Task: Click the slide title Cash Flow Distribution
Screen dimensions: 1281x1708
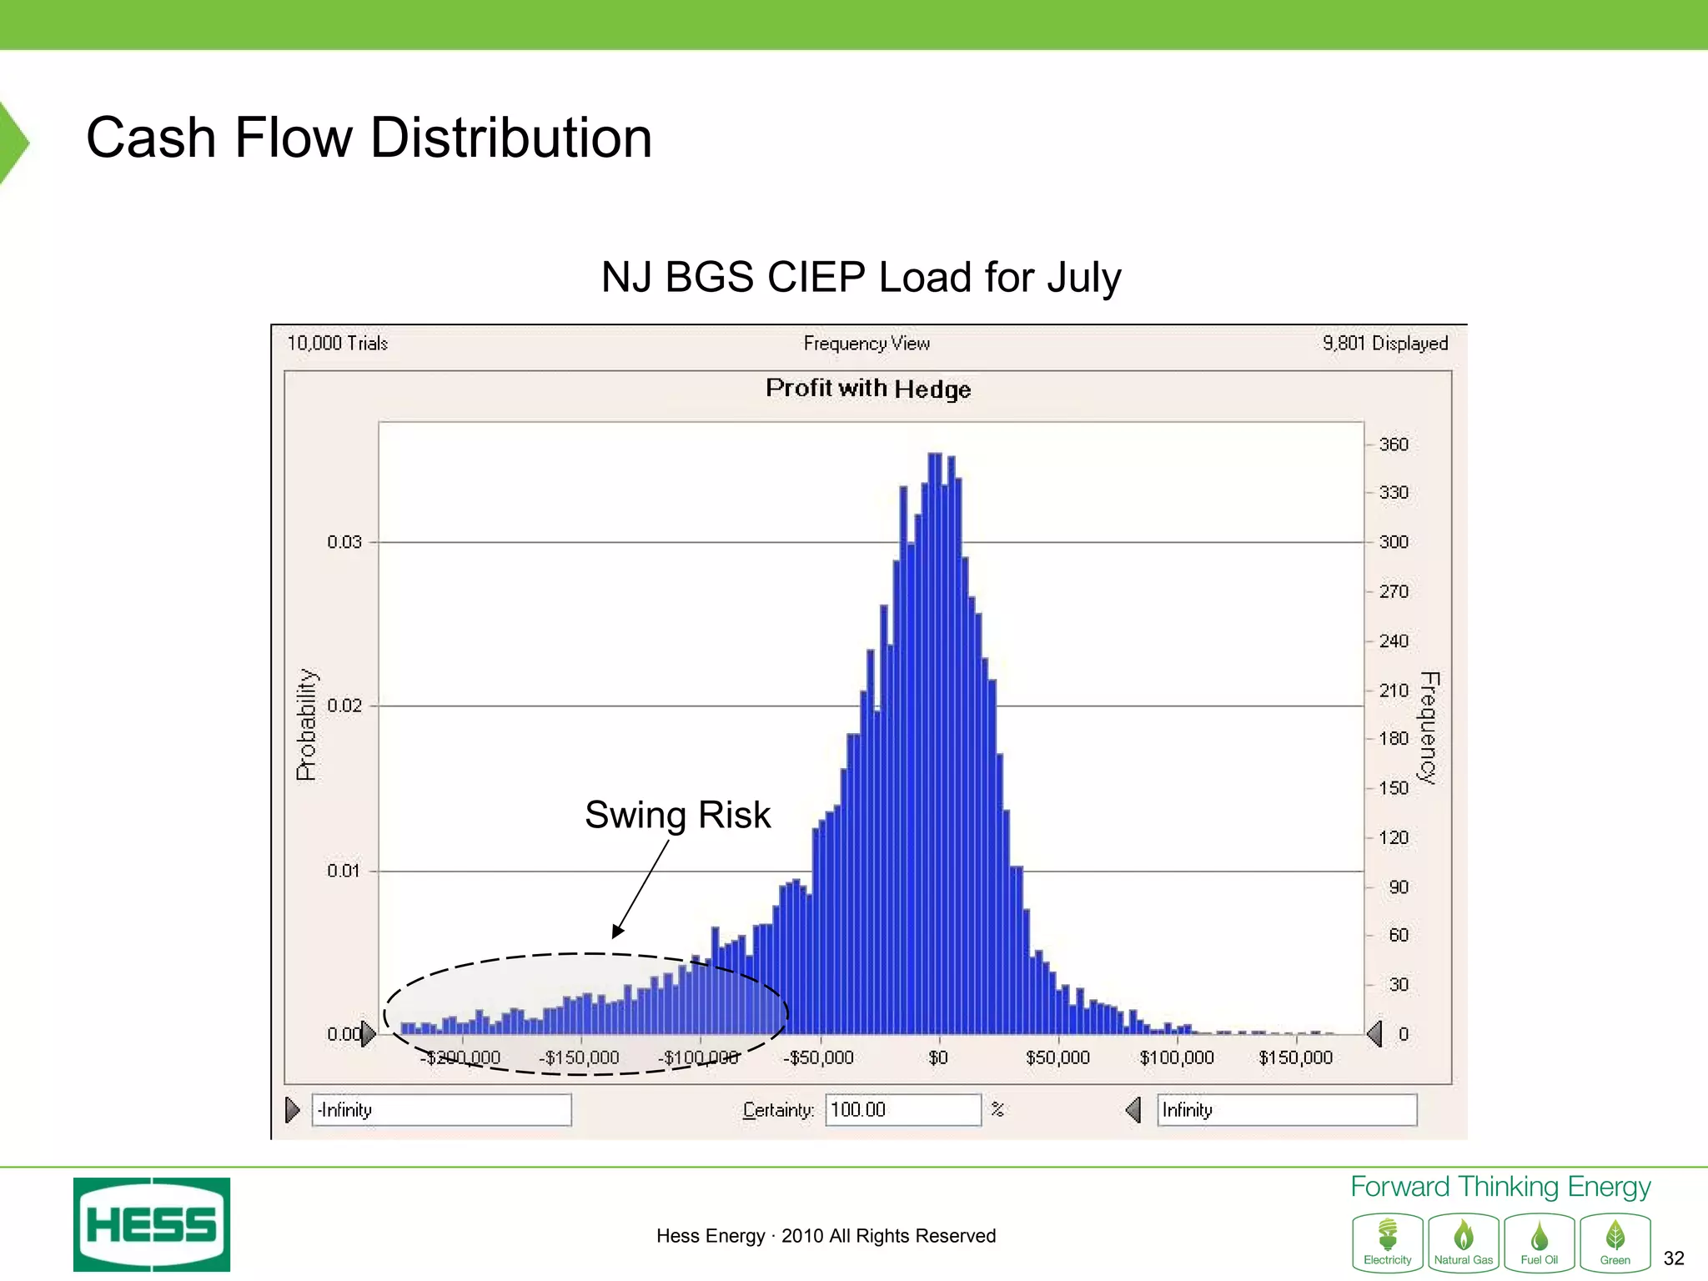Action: point(369,138)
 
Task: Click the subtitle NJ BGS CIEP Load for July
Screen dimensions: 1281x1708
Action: point(861,277)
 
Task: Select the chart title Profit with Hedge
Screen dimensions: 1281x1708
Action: point(867,389)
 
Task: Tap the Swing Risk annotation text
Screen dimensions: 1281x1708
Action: point(677,815)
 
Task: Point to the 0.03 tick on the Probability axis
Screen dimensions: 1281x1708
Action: point(344,542)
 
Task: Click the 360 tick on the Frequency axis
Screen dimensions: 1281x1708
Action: point(1393,445)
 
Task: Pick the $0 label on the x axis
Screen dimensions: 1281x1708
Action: point(938,1057)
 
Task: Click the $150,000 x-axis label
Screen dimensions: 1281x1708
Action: point(1295,1057)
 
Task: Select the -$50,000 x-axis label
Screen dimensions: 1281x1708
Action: point(818,1057)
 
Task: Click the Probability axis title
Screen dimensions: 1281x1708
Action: point(307,724)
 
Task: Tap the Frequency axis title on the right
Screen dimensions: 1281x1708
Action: point(1429,727)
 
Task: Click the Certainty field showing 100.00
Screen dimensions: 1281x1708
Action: point(902,1110)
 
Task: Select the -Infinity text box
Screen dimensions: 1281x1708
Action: point(441,1110)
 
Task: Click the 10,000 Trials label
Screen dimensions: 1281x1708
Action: point(337,343)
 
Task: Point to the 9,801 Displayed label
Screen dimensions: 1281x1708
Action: point(1384,343)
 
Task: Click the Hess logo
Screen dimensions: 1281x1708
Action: point(152,1224)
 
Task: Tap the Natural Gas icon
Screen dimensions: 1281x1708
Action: point(1463,1243)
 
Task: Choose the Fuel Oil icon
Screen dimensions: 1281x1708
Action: point(1539,1243)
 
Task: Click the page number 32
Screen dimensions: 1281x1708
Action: point(1673,1258)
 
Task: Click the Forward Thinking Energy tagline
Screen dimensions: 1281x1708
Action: point(1500,1186)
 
